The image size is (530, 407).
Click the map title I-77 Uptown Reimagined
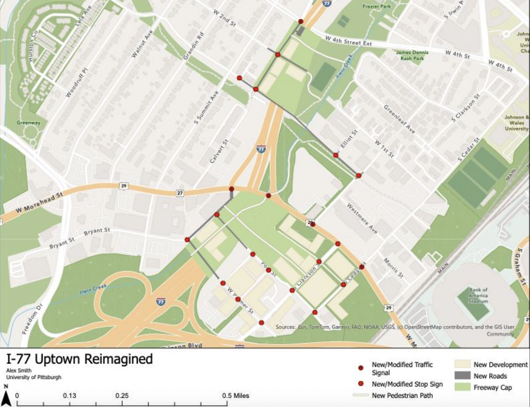coord(79,359)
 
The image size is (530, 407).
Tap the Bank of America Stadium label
coord(478,296)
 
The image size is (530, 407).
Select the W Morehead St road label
coord(39,202)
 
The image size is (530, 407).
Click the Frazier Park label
coord(376,6)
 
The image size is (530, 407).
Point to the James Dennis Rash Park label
coord(412,55)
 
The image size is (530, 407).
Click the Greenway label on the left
coord(28,122)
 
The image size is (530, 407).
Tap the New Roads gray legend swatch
coord(462,376)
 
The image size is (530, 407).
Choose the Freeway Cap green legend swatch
coord(462,387)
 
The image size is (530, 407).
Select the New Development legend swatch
coord(462,364)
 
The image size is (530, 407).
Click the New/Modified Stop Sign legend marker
coord(360,384)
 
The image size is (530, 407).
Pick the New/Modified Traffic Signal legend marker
coord(360,368)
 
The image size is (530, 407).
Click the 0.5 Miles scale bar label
coord(236,396)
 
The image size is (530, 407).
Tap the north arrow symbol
coord(6,397)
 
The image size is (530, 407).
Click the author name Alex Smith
coord(19,370)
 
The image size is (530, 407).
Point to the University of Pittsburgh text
coord(34,377)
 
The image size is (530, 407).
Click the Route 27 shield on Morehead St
coord(180,193)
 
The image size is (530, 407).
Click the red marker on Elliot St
coord(336,155)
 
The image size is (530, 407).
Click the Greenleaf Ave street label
coord(399,119)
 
